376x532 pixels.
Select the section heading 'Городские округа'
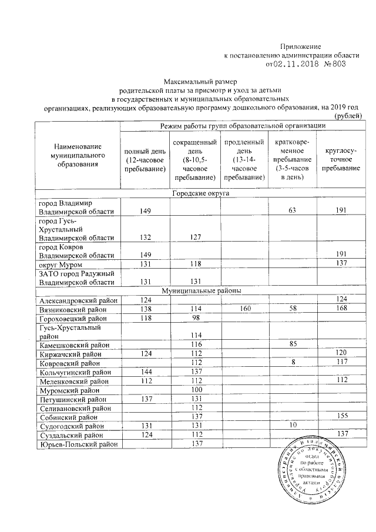coord(200,193)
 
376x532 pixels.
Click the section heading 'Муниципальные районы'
coord(200,290)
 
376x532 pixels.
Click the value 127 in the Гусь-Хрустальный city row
coord(196,237)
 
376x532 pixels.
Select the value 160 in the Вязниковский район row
coord(243,309)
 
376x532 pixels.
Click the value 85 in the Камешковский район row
coord(292,344)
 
